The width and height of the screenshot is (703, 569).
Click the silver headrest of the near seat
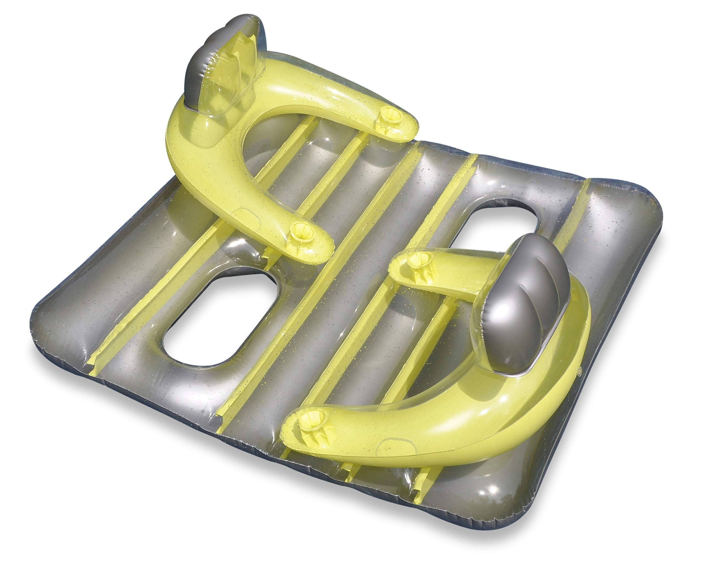click(x=520, y=305)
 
